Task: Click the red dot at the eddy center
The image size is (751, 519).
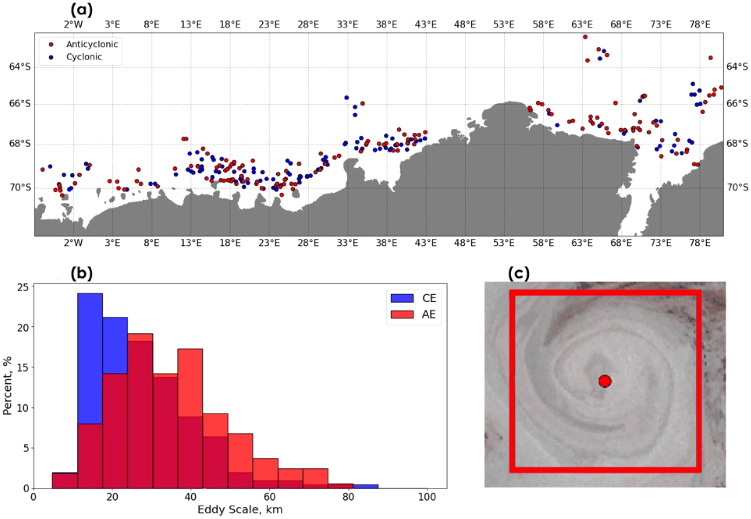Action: coord(604,381)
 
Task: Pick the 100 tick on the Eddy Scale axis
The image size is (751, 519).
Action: coord(427,497)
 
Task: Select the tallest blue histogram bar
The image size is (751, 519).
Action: coord(90,358)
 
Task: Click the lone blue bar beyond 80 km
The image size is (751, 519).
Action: coord(366,486)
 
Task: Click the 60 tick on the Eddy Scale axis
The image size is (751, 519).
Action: coord(269,497)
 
